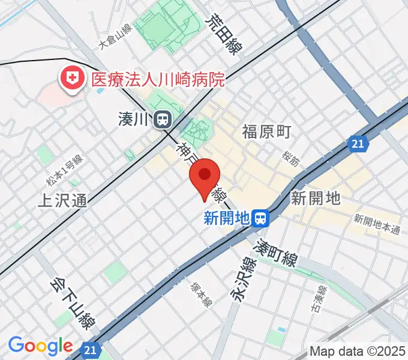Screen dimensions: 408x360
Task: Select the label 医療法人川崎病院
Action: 158,79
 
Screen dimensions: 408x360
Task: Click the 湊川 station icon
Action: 161,120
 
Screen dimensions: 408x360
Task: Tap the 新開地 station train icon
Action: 260,218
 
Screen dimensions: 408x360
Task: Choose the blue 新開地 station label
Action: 226,219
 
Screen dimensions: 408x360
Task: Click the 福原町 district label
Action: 266,131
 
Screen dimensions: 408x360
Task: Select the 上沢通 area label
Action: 62,200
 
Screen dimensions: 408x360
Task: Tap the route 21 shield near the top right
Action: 358,144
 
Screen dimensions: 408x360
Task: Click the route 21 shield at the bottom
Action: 90,349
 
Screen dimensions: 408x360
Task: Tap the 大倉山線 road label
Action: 115,37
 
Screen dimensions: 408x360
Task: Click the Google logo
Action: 40,346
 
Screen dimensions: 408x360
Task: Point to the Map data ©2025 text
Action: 358,351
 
